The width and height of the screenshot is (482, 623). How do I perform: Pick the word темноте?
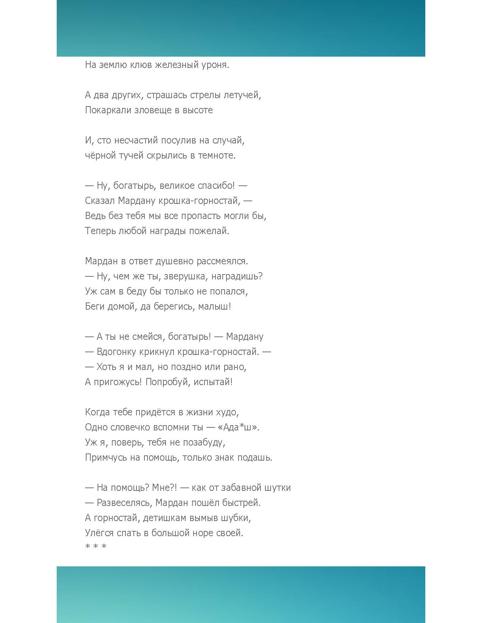(x=217, y=156)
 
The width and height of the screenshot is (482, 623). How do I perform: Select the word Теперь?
(x=100, y=231)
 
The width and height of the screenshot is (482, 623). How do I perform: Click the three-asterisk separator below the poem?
(x=96, y=547)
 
